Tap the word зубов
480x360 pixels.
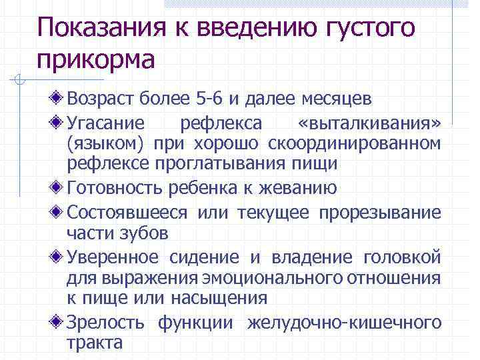point(145,233)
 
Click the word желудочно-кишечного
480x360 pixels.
point(344,323)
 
